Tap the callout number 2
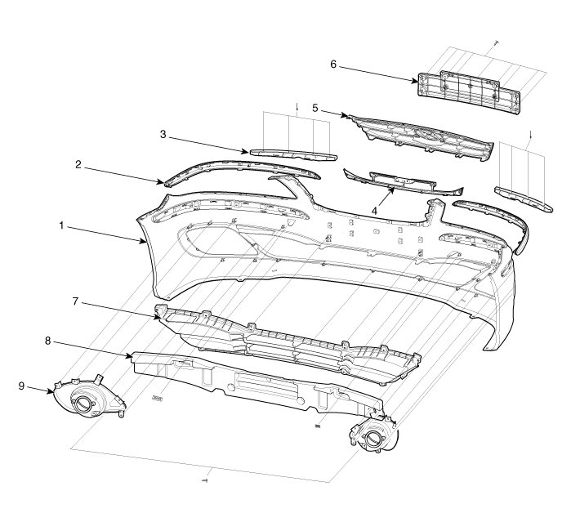(78, 164)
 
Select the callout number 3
(163, 132)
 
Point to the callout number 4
(375, 209)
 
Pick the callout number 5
(315, 108)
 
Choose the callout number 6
(332, 63)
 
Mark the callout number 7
(74, 301)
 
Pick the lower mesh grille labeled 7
(286, 343)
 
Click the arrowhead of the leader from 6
(419, 80)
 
